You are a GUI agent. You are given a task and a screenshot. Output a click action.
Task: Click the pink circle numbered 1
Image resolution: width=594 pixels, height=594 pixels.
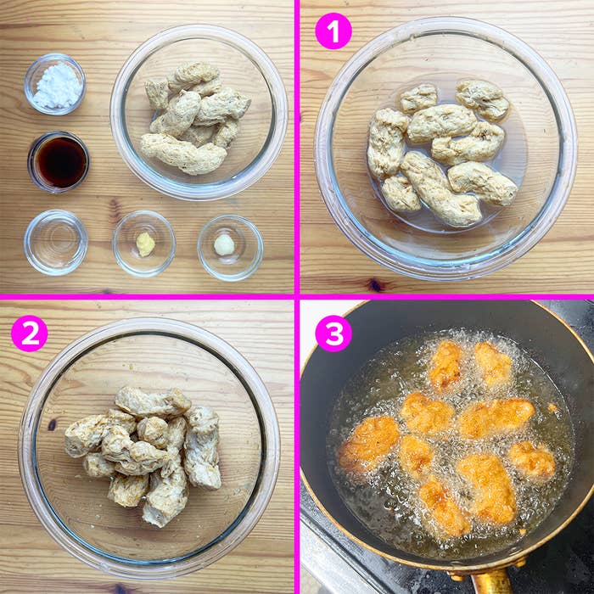[333, 31]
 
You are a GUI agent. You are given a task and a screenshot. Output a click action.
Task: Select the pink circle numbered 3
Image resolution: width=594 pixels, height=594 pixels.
[333, 333]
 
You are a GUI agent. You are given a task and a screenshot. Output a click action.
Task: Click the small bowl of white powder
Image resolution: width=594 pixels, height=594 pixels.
[55, 84]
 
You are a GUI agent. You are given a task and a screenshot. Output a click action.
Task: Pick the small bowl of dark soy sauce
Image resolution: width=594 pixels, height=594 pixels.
[59, 161]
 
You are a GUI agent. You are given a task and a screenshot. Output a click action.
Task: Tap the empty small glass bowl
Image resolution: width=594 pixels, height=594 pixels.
[55, 242]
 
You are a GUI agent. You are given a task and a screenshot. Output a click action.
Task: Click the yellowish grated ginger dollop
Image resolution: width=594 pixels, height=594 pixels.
[146, 244]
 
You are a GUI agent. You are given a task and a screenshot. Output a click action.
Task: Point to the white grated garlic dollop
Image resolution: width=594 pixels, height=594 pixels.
[224, 245]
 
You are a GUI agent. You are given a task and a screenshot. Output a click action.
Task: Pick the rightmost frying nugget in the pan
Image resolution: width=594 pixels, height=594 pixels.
[532, 460]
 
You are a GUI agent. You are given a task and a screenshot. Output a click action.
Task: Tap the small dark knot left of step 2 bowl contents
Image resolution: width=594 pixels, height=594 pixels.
[52, 424]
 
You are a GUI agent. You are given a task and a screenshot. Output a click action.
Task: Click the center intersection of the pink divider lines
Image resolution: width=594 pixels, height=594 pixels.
[296, 296]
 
